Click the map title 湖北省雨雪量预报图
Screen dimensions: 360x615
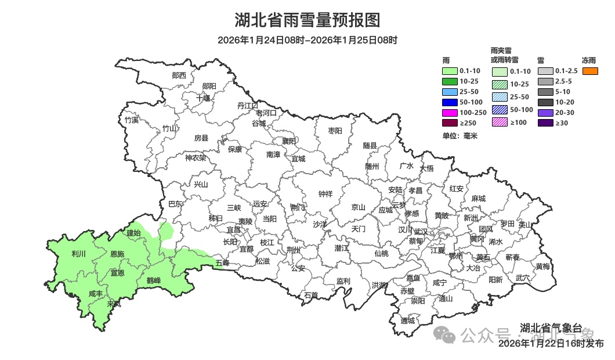[307, 20]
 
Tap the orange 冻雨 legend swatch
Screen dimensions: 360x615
[590, 71]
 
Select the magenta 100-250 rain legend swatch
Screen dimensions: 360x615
[450, 112]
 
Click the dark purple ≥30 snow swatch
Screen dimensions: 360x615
[546, 123]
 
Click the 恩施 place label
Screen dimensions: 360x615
[117, 254]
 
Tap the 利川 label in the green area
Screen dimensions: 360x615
[78, 254]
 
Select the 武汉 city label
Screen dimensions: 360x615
[421, 231]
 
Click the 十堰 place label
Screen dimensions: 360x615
[203, 98]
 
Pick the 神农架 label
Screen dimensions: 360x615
[196, 157]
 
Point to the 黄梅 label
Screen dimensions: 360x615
[543, 266]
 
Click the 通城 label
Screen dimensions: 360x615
[408, 321]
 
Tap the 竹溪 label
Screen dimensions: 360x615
[132, 120]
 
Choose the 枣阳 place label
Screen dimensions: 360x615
[335, 131]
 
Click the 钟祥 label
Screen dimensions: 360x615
[325, 194]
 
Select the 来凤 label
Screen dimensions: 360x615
[114, 304]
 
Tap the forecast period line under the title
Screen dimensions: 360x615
[307, 40]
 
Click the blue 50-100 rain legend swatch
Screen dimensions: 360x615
[450, 102]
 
